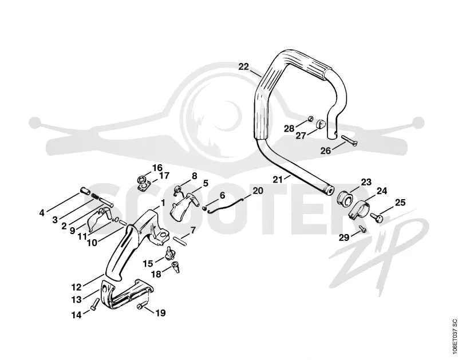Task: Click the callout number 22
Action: pyautogui.click(x=243, y=67)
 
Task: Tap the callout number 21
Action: pyautogui.click(x=278, y=180)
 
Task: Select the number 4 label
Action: pyautogui.click(x=42, y=213)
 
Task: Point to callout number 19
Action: pyautogui.click(x=160, y=313)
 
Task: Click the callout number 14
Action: pyautogui.click(x=77, y=315)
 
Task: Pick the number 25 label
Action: pyautogui.click(x=400, y=203)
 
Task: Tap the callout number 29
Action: pyautogui.click(x=344, y=238)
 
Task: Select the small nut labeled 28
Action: pyautogui.click(x=310, y=119)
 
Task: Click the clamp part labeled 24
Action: pyautogui.click(x=359, y=209)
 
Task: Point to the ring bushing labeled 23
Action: pyautogui.click(x=345, y=198)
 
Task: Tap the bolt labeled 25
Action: pyautogui.click(x=377, y=216)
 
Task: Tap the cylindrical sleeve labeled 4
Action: pyautogui.click(x=85, y=192)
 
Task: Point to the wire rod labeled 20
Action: pyautogui.click(x=225, y=206)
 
